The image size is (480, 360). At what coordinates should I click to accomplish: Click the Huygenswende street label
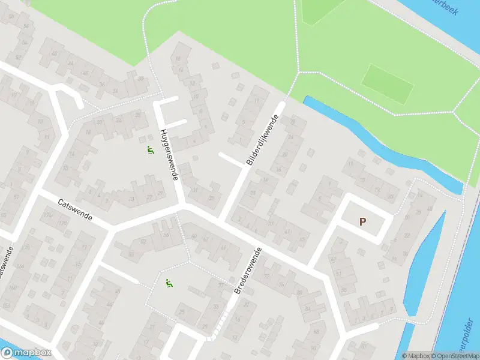tap(170, 157)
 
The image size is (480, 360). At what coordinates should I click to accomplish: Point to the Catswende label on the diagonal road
tap(75, 210)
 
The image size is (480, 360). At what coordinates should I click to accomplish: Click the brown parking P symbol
tap(362, 221)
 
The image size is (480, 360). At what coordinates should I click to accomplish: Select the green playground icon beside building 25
tap(169, 284)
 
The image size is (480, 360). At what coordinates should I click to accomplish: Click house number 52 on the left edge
tap(18, 58)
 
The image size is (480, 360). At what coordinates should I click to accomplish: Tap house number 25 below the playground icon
tap(182, 313)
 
